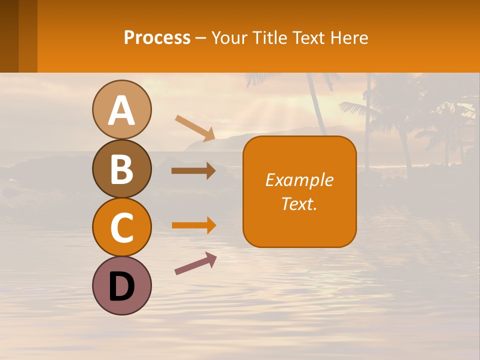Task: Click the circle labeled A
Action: tap(121, 109)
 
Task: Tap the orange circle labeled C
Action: tap(121, 227)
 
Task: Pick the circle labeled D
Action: tap(121, 285)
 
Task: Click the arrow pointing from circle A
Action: tap(195, 128)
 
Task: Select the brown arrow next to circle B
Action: tap(193, 171)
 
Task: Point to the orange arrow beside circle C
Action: tap(193, 225)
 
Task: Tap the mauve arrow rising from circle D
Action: tap(195, 263)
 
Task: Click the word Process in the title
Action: tap(157, 38)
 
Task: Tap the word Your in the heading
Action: tap(229, 38)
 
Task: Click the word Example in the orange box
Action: tap(299, 180)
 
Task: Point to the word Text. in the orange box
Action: tap(299, 203)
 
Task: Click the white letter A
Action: tap(121, 110)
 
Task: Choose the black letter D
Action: tap(121, 286)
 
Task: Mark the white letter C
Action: tap(121, 228)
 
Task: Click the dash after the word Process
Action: tap(201, 38)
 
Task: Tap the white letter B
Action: tap(121, 169)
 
